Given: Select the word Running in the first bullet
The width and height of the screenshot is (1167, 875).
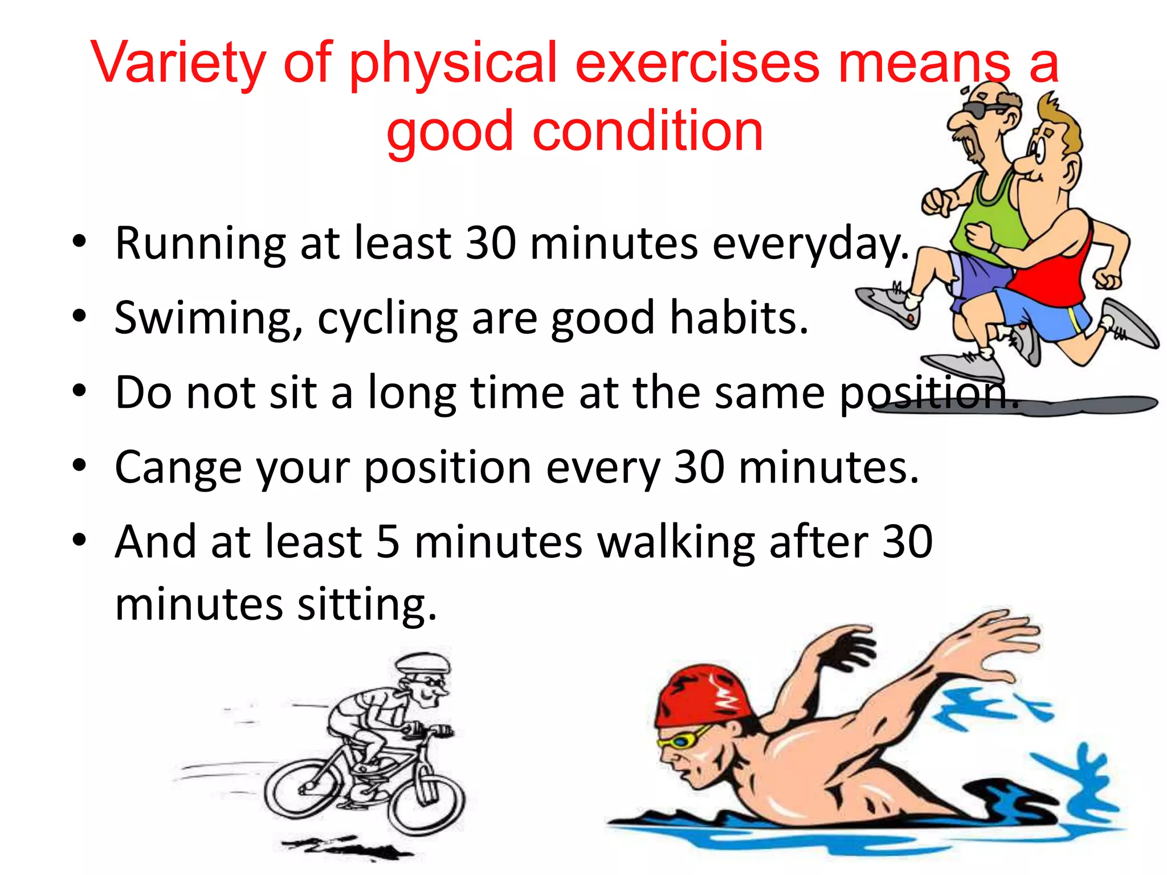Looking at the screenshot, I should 200,244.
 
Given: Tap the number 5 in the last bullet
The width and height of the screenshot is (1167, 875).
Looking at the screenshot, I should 387,541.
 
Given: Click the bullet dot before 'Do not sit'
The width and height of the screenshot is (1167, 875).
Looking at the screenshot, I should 79,392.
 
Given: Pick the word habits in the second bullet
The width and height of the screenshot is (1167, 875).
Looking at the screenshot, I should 738,318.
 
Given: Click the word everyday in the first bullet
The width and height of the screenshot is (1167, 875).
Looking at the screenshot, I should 809,244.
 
